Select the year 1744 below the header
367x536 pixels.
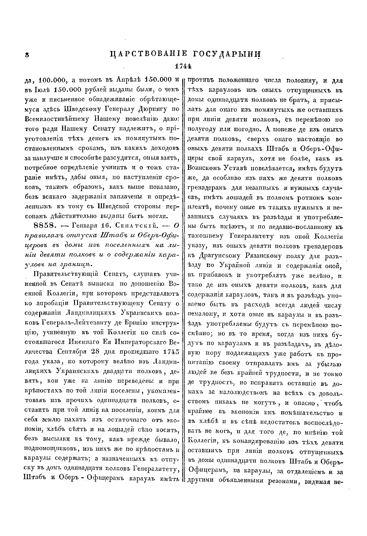[183, 66]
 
